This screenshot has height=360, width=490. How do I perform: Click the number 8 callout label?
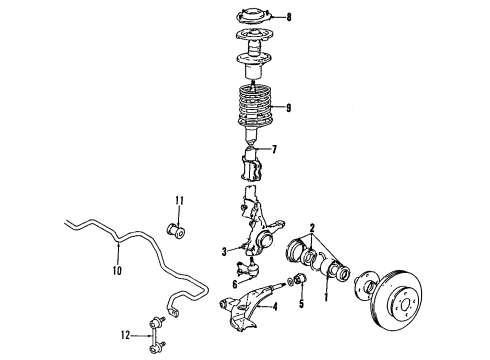click(289, 17)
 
